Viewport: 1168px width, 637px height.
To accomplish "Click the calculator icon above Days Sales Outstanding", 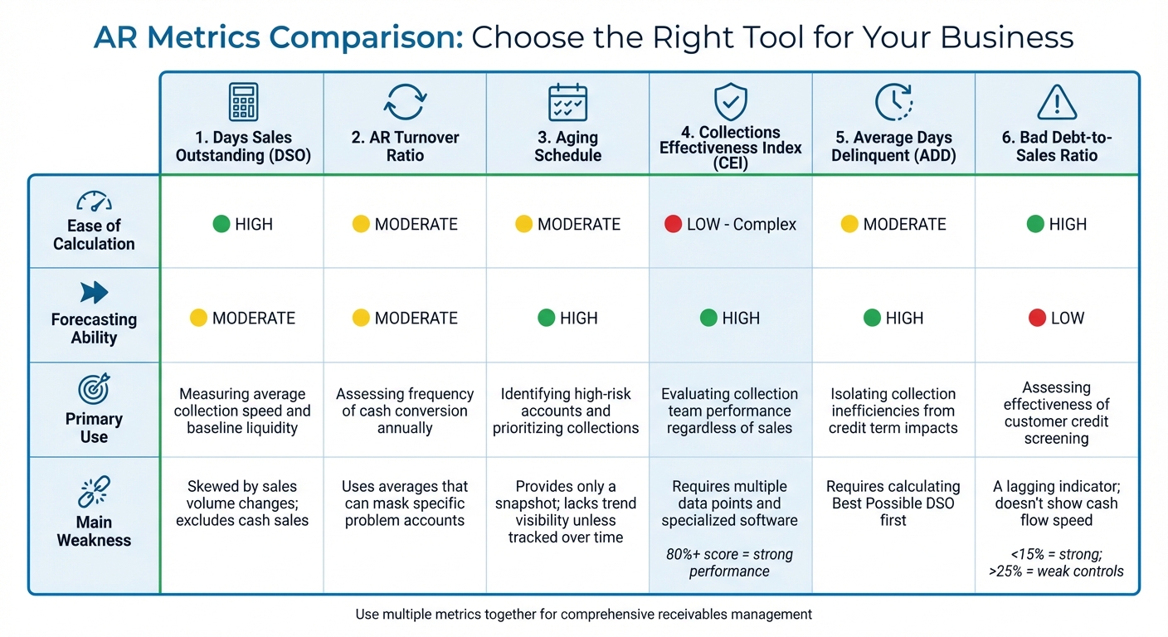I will click(x=243, y=103).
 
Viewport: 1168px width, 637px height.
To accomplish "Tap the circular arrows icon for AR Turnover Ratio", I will click(x=405, y=103).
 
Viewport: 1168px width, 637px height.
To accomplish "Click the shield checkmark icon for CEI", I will click(x=730, y=102).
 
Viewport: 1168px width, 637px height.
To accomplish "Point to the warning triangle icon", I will click(x=1056, y=103).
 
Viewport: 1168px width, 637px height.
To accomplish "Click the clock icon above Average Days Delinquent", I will click(x=893, y=103).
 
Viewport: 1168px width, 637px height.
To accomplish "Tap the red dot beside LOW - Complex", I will click(x=673, y=224).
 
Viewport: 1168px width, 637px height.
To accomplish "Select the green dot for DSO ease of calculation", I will click(x=221, y=224).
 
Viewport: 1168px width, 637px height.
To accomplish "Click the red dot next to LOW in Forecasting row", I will click(x=1036, y=318).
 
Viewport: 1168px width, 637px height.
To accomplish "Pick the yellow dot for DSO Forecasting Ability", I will click(x=198, y=318).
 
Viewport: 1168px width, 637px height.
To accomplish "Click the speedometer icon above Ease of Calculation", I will click(x=94, y=201).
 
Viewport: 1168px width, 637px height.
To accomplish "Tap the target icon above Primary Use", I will click(x=94, y=389).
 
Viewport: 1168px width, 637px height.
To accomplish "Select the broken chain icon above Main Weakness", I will click(x=94, y=491).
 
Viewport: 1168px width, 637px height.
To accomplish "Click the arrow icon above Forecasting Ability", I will click(x=94, y=292).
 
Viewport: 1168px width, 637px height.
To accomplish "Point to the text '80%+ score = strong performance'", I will click(x=729, y=562).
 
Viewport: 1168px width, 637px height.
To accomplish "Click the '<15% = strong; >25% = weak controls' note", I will click(x=1056, y=562).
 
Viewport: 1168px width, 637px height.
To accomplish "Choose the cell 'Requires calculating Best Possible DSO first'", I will click(x=893, y=503).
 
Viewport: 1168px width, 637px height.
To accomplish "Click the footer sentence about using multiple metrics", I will click(x=583, y=615).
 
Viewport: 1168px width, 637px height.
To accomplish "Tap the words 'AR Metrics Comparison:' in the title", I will click(x=278, y=37).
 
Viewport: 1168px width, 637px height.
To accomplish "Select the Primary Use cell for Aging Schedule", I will click(x=567, y=411).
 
